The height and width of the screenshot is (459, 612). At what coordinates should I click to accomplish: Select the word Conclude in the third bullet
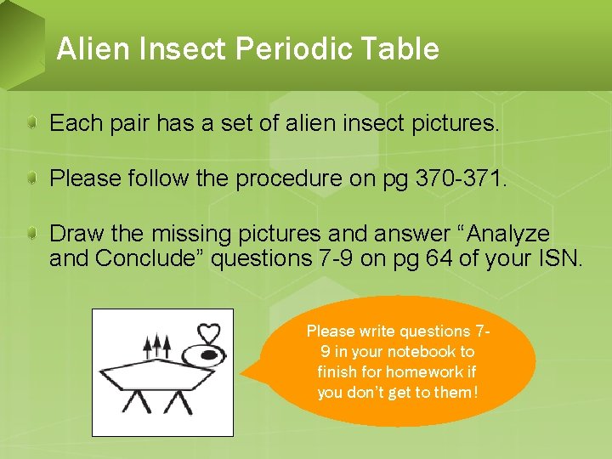pos(150,258)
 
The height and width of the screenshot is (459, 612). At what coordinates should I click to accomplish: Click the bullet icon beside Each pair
pos(31,124)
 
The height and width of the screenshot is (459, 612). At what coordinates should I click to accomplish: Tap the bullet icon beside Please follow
pos(31,178)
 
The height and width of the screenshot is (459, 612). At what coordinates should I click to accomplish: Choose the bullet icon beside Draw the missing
pos(31,234)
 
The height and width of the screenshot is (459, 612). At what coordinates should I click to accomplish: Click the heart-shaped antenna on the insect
pos(208,334)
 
